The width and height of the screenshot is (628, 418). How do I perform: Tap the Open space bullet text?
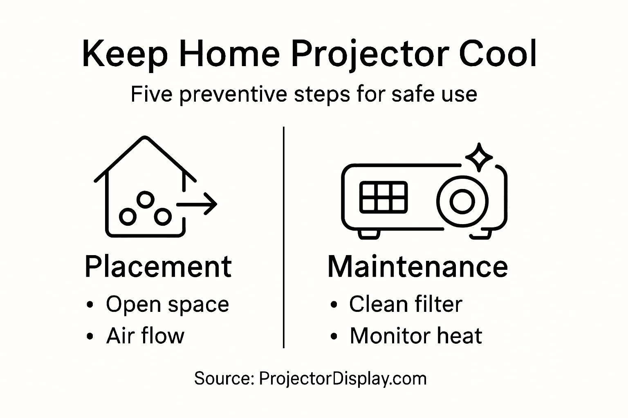click(x=167, y=305)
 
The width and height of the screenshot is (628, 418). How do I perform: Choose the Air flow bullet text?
click(x=145, y=336)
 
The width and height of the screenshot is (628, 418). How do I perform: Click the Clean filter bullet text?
click(x=406, y=305)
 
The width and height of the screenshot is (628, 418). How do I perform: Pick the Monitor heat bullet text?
click(x=416, y=336)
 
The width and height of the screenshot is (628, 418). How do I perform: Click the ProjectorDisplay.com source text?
click(x=343, y=378)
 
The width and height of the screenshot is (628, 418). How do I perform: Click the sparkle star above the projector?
click(x=479, y=157)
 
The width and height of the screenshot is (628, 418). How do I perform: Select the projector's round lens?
click(x=462, y=201)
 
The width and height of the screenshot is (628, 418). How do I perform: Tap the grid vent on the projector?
click(x=383, y=197)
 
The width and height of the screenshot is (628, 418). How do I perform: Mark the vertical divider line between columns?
click(x=284, y=237)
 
